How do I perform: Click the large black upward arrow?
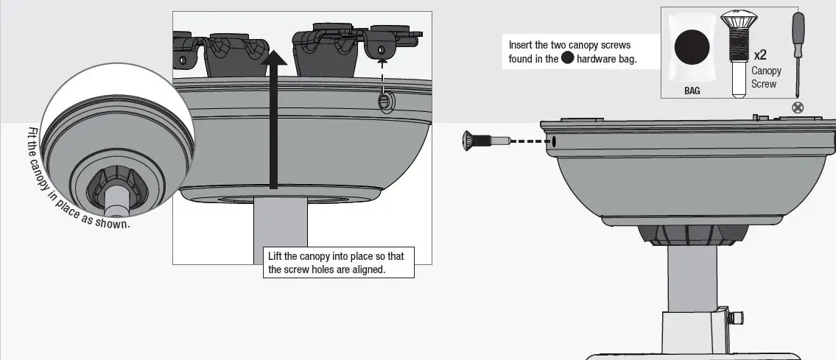(273, 118)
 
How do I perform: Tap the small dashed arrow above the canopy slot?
(382, 71)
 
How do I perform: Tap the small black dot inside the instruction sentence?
(567, 59)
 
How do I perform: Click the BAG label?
(692, 91)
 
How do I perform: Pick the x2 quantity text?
(761, 55)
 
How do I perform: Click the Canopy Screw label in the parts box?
(766, 77)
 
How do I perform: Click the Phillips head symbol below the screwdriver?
(797, 107)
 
